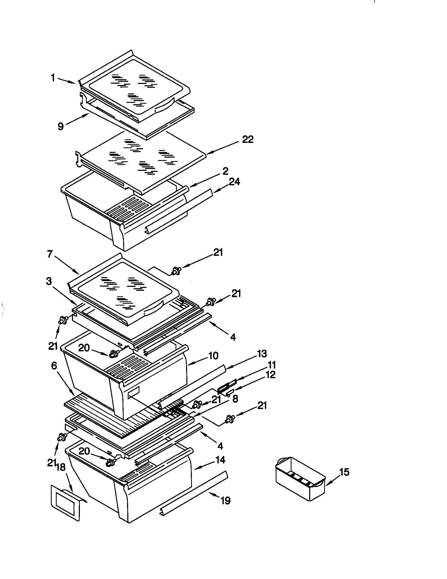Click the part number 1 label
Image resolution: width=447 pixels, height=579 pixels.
pos(53,78)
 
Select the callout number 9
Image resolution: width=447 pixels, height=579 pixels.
pos(61,126)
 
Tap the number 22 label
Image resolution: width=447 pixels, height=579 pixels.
pos(248,139)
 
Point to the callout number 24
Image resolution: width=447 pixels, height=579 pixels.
pos(234,182)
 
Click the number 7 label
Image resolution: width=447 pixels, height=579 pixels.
pos(50,254)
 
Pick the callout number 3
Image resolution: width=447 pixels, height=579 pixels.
pos(49,281)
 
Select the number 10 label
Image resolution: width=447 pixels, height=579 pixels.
pos(213,356)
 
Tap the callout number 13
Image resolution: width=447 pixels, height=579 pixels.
pos(262,354)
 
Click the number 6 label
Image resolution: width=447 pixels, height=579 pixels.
pos(54,366)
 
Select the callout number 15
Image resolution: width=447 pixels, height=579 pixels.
pos(344,472)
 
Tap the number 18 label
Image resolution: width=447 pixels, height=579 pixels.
pos(61,467)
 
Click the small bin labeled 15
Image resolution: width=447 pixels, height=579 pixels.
pos(300,480)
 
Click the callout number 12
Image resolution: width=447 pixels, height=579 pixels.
pos(270,375)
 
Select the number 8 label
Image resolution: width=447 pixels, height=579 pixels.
pos(235,399)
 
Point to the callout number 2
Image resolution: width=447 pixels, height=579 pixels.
pos(225,171)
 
